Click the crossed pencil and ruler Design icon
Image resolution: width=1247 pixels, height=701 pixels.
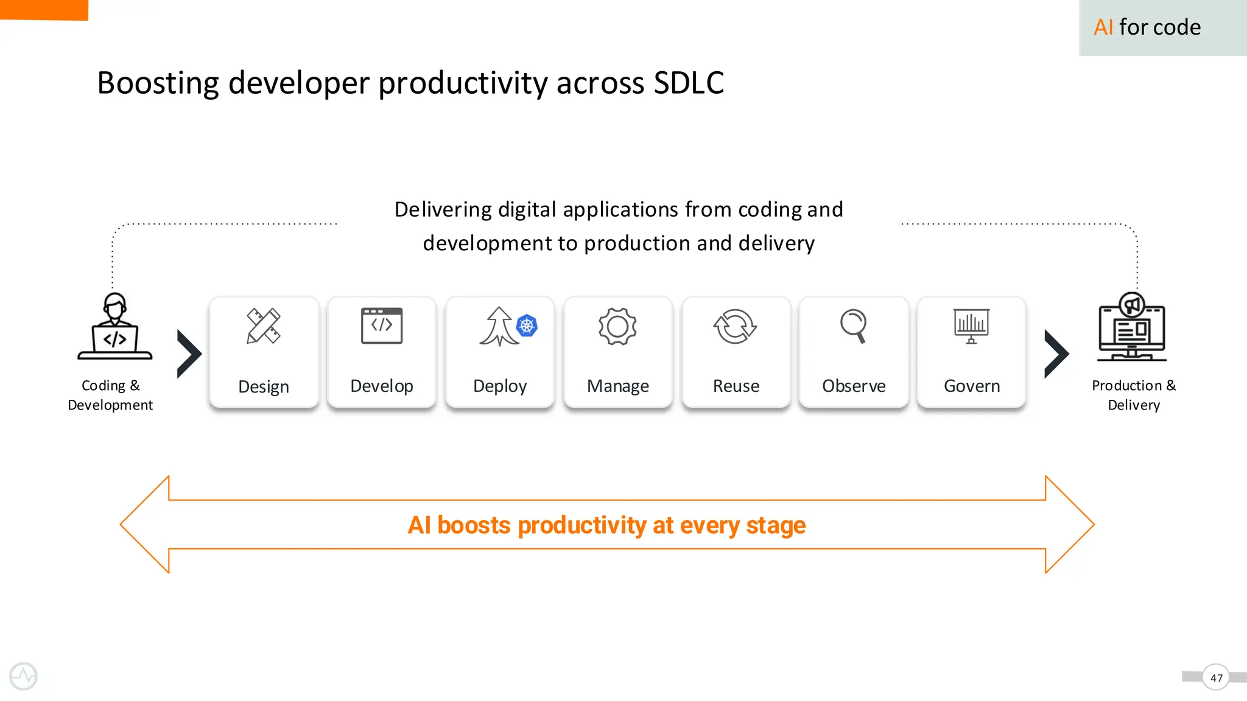(x=263, y=326)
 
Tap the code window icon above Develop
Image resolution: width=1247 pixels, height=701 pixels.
(x=382, y=326)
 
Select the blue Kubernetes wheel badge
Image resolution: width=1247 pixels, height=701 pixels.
(x=527, y=326)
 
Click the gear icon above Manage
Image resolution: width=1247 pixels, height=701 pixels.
(x=617, y=326)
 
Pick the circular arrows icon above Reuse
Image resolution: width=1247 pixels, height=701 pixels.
(x=735, y=326)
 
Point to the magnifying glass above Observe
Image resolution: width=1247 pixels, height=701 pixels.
(x=854, y=326)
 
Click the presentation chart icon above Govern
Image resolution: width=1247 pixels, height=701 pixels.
(x=971, y=326)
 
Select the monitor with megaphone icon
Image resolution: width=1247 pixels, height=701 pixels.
(x=1132, y=327)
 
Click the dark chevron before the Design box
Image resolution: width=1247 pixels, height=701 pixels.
(x=189, y=354)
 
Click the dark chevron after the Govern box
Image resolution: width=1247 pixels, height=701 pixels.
(x=1056, y=354)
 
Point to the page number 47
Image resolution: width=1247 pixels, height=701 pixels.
(x=1216, y=677)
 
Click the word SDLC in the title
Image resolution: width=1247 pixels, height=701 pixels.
(x=689, y=83)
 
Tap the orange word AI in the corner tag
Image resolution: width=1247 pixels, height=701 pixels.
(x=1103, y=27)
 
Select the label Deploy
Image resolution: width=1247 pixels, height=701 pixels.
(x=500, y=386)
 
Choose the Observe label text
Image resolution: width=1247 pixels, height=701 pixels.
(x=854, y=386)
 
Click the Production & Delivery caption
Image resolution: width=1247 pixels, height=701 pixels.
(x=1134, y=395)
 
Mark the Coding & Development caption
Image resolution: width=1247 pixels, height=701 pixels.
(x=110, y=395)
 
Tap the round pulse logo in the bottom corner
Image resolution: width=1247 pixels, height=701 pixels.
(x=24, y=676)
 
